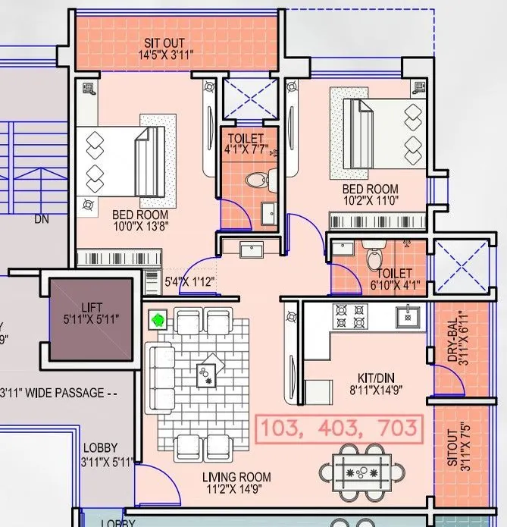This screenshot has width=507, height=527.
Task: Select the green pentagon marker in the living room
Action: click(x=158, y=320)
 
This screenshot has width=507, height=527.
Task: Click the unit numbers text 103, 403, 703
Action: click(x=339, y=428)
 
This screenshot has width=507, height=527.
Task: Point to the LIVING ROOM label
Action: click(x=236, y=477)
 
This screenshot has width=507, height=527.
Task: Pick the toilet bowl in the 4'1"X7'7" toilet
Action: click(x=256, y=180)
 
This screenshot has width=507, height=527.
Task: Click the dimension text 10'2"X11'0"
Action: click(x=371, y=202)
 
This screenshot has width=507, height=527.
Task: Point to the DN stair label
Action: click(x=41, y=220)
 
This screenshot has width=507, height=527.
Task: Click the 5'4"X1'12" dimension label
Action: click(x=189, y=282)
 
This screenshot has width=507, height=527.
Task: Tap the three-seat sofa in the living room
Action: click(x=158, y=374)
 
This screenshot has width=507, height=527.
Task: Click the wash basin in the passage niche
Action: click(x=251, y=250)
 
